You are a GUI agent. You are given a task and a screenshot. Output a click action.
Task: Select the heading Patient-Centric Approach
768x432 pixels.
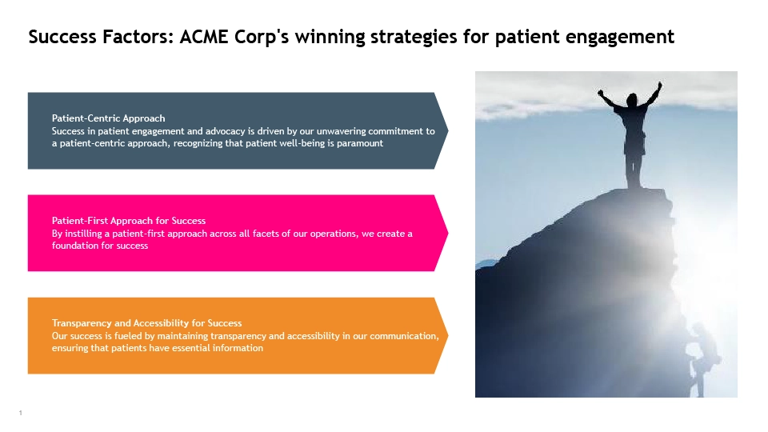coord(108,118)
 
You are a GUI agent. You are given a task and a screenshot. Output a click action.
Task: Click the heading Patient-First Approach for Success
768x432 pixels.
coord(129,221)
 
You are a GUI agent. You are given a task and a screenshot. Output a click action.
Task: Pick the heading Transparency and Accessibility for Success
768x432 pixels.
coord(147,322)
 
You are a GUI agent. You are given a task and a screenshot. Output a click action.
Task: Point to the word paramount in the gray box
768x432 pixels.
coord(360,143)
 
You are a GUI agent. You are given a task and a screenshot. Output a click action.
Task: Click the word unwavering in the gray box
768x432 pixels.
coord(341,131)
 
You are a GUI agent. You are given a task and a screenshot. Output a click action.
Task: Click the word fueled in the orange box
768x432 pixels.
coord(127,336)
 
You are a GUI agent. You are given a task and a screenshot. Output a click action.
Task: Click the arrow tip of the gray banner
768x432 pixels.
coord(448,130)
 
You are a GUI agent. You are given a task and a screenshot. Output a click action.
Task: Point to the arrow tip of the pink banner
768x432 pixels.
coord(448,233)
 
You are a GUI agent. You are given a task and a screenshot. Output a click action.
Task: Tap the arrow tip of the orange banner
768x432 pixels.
coord(448,335)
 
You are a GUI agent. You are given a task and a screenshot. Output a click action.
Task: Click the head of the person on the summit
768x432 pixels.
coord(632,100)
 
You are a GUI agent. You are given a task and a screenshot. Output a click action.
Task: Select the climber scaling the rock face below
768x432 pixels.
coord(702,358)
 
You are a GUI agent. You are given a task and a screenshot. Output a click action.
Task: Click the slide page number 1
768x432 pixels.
coord(21,413)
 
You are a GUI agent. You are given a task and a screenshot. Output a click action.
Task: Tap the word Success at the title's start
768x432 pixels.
coord(62,37)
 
